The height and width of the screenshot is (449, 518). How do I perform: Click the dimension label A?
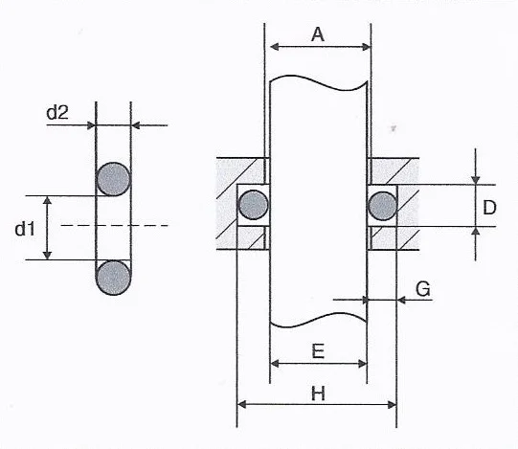318,34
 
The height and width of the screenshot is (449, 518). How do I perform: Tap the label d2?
57,113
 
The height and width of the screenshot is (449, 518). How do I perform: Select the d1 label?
25,229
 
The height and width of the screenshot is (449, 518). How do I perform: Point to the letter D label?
489,208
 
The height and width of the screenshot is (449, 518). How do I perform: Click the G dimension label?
423,289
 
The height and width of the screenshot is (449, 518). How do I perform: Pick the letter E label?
318,351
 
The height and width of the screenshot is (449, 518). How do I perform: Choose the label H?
318,393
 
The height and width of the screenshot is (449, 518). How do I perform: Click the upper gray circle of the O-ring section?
113,179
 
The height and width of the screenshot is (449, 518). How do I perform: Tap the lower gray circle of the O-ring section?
113,278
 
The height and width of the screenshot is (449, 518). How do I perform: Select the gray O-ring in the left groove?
254,205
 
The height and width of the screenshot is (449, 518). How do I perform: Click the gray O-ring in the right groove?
383,206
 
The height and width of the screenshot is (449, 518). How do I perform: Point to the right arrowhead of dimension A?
367,47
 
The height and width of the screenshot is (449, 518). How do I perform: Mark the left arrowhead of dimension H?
242,404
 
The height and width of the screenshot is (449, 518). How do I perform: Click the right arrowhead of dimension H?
393,404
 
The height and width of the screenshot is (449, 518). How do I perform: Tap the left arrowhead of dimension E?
275,364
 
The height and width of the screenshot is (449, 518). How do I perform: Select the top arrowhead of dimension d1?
47,200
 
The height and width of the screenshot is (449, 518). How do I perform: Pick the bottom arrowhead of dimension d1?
47,255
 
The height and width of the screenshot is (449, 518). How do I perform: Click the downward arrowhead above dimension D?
475,180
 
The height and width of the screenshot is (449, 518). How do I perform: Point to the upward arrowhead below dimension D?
475,231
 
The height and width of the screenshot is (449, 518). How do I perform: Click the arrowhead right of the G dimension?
401,300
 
